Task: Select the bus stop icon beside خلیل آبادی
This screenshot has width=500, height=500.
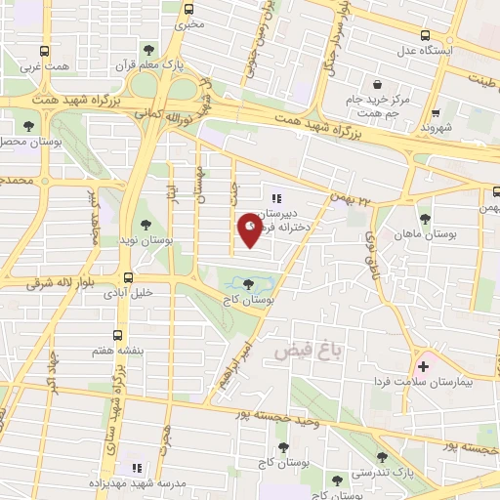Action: tap(129, 278)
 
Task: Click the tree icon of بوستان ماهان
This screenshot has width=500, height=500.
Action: tap(424, 220)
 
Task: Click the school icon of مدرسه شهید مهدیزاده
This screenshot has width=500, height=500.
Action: tap(136, 468)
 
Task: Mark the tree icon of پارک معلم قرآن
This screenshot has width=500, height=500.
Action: tap(148, 49)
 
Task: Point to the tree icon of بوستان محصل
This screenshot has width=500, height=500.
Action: tap(30, 126)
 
